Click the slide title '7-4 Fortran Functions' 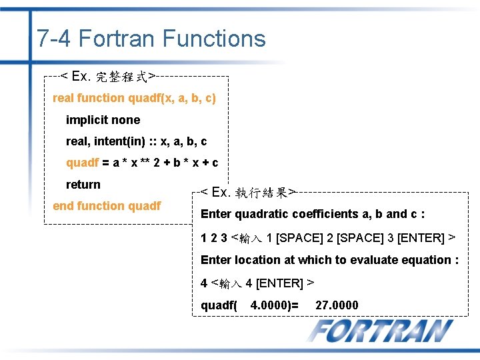[151, 39]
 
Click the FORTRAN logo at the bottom [381, 331]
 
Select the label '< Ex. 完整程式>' [109, 76]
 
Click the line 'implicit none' [103, 120]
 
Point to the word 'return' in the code [83, 185]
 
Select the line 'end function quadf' [107, 206]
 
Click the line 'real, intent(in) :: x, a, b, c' [136, 141]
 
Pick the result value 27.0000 [337, 305]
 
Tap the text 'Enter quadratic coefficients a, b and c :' [313, 214]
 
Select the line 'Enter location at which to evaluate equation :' [329, 260]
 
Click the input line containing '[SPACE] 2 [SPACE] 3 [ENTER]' [328, 238]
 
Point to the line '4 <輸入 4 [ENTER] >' [257, 283]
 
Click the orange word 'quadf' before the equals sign [82, 163]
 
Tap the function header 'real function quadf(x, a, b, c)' [134, 98]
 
